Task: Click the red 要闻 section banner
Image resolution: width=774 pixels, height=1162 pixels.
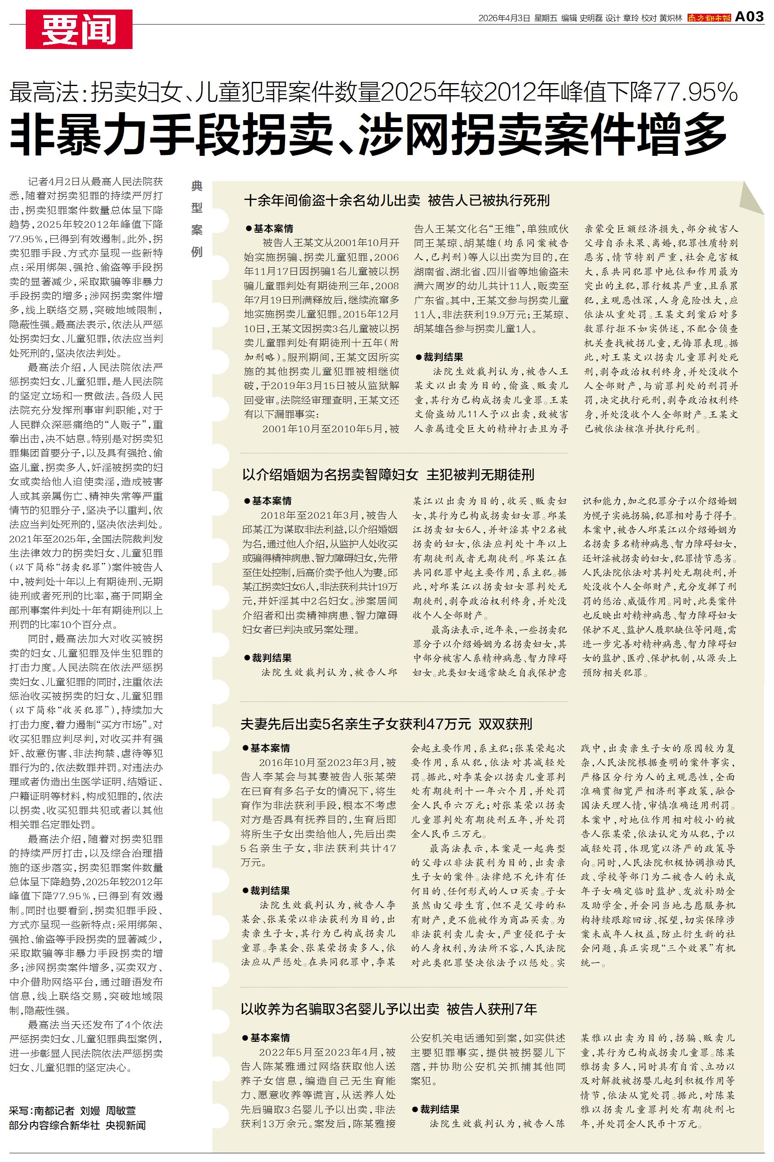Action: tap(79, 29)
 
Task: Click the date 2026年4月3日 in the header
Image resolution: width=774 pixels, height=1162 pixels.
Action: tap(504, 18)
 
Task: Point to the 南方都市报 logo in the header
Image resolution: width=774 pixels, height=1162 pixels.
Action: tap(709, 18)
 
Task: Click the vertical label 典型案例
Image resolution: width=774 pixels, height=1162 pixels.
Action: tap(197, 219)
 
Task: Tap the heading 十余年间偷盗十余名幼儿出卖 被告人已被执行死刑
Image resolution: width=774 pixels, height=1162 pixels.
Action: tap(397, 200)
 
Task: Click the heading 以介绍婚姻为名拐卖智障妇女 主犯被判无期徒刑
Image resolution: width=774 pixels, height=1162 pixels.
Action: tap(388, 475)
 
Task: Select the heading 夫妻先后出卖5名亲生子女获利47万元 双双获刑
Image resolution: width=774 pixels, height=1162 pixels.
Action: tap(386, 724)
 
